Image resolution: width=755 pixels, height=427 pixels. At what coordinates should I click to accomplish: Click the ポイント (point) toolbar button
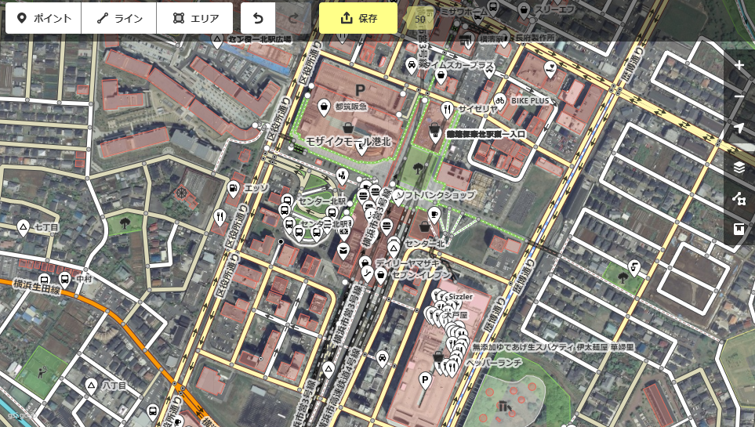click(x=44, y=18)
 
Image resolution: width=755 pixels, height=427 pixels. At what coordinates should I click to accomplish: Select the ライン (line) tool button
click(x=119, y=18)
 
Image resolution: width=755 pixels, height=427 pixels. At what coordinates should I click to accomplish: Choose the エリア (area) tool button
click(x=194, y=18)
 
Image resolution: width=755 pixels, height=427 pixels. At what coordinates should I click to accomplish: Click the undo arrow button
click(x=258, y=18)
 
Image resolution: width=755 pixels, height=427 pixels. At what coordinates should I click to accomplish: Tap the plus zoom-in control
click(x=739, y=65)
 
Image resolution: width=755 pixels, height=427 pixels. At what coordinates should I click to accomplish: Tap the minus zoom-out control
click(x=739, y=97)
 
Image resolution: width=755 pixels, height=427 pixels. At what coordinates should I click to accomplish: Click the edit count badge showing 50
click(x=420, y=18)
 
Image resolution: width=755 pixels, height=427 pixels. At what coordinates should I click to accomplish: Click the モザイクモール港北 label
click(x=347, y=141)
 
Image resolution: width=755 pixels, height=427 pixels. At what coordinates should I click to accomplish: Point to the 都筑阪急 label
click(x=350, y=106)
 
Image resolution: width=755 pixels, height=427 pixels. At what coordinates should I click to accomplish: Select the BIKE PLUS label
click(x=530, y=101)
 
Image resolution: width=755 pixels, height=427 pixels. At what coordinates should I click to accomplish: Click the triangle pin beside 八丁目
click(x=91, y=385)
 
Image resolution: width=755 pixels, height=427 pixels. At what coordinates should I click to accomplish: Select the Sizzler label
click(x=462, y=298)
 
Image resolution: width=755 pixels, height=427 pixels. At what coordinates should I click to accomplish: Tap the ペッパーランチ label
click(x=493, y=363)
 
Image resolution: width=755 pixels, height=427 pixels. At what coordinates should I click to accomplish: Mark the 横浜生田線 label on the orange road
click(x=35, y=289)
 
